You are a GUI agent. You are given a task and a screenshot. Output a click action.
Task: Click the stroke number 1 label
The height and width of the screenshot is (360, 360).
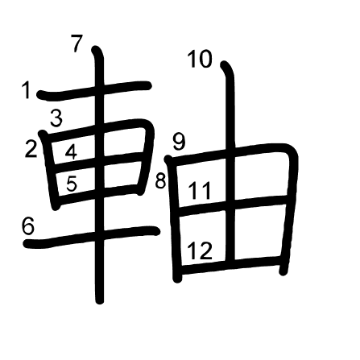tap(27, 90)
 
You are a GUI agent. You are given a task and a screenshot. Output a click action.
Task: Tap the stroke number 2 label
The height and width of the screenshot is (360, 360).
tap(31, 149)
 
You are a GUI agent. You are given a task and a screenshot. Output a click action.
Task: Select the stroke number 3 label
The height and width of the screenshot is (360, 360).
tap(56, 118)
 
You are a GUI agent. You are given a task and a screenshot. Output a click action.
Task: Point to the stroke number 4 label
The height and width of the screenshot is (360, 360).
tap(71, 152)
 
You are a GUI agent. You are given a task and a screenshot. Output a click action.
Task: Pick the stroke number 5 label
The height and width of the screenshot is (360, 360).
tap(72, 184)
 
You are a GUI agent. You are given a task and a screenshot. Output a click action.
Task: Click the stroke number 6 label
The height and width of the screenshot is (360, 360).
tap(28, 226)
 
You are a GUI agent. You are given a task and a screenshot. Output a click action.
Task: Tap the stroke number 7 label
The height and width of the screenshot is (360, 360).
tap(77, 43)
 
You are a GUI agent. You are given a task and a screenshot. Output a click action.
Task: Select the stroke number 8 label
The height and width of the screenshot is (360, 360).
tap(160, 180)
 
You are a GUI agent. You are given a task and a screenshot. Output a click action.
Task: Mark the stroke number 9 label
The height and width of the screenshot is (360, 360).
tap(179, 142)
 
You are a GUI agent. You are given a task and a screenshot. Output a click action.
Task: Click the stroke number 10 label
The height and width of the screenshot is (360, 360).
tap(200, 60)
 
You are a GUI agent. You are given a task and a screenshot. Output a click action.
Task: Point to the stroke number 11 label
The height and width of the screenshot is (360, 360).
tap(200, 191)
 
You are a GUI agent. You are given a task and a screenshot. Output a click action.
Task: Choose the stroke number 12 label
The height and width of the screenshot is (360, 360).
tap(200, 251)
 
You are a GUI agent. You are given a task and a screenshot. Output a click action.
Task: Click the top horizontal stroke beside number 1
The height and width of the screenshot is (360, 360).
tap(94, 90)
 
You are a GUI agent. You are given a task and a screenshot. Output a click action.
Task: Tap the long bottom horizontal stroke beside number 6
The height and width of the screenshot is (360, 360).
tap(91, 236)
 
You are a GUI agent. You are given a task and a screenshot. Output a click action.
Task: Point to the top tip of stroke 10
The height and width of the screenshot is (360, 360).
tap(224, 64)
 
